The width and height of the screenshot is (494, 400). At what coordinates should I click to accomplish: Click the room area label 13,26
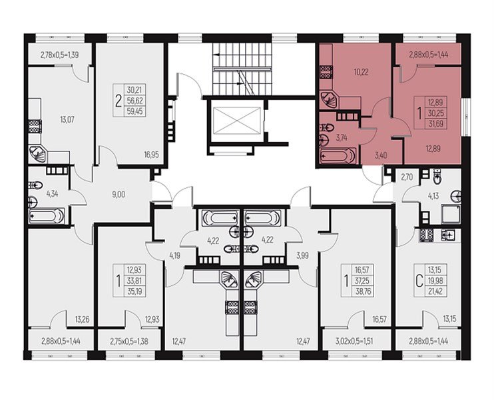[83, 320]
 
